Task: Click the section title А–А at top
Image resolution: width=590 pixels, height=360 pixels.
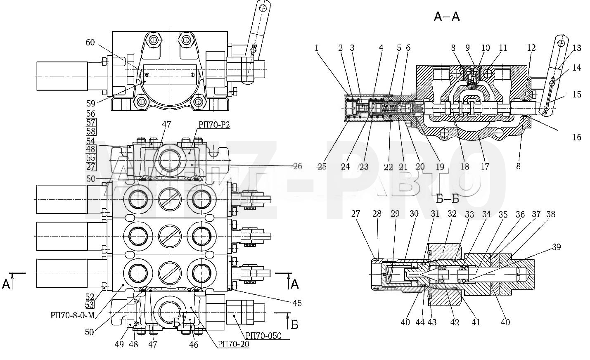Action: [447, 17]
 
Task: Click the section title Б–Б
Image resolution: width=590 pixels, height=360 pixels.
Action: [448, 199]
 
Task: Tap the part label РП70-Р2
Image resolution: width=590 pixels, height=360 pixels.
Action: [214, 125]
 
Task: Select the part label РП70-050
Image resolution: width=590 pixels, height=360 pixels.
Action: [263, 336]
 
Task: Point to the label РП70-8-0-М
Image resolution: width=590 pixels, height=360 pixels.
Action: [72, 315]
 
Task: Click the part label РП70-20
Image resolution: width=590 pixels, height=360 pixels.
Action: [233, 344]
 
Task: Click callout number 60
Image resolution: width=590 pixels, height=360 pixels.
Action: [90, 43]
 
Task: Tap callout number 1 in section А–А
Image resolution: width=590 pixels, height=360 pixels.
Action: [317, 47]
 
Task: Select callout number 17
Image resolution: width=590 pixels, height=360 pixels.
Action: [485, 167]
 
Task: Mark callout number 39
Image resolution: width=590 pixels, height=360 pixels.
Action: [556, 247]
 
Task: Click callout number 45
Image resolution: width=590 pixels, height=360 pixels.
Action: [297, 303]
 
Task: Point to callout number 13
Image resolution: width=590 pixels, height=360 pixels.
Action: [577, 48]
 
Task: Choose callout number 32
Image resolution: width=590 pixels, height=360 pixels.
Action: [452, 213]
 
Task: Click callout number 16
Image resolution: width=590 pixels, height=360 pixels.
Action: [577, 137]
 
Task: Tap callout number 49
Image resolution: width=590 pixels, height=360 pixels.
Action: [119, 344]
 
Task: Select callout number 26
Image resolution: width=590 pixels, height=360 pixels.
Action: [297, 166]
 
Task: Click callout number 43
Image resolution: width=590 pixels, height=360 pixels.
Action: [432, 322]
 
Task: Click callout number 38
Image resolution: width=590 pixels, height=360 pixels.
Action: [550, 214]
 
